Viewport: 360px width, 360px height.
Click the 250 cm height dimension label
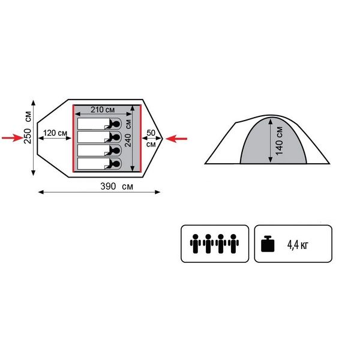point(28,127)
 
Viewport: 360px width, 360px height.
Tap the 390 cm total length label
point(116,186)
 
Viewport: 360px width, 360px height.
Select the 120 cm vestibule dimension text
point(55,133)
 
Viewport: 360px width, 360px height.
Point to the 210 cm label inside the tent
point(103,110)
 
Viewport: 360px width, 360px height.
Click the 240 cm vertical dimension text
point(128,133)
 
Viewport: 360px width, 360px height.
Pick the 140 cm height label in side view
point(279,140)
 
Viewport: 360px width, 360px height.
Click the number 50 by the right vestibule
point(151,133)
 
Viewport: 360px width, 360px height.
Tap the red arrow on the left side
point(13,138)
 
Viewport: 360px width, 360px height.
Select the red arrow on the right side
point(176,139)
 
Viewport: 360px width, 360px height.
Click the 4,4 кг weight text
point(298,245)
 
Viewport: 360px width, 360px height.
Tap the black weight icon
point(268,244)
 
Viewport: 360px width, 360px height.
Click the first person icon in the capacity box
point(196,244)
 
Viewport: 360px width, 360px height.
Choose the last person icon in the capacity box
point(233,244)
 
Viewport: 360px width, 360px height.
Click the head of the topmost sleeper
point(116,124)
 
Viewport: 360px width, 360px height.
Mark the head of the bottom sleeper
point(116,164)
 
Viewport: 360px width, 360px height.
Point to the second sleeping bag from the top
point(100,137)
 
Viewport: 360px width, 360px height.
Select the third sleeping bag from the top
point(100,151)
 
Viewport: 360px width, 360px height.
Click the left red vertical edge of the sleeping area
point(73,138)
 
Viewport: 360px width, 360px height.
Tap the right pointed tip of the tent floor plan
point(163,139)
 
